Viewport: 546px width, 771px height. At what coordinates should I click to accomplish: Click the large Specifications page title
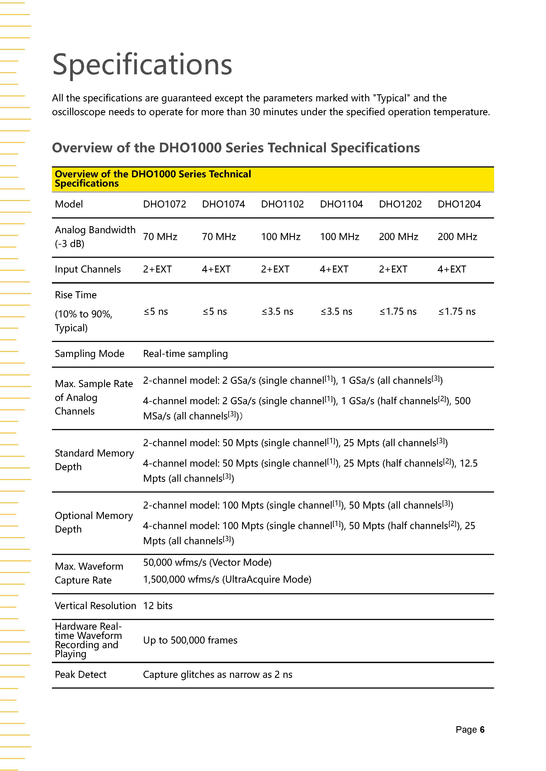point(142,64)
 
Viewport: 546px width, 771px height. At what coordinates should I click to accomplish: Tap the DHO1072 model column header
point(164,204)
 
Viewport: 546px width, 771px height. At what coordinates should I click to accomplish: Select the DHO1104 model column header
point(341,204)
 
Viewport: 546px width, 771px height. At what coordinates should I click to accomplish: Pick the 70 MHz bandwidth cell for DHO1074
point(219,237)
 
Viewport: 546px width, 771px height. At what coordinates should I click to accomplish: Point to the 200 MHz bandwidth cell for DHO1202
point(398,237)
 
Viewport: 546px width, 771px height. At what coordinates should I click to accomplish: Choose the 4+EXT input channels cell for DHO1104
point(334,269)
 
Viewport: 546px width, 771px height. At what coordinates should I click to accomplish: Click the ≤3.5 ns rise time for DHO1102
point(277,312)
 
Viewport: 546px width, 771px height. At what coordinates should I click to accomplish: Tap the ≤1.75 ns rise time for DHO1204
point(457,312)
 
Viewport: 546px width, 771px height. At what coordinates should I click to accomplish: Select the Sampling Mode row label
point(89,354)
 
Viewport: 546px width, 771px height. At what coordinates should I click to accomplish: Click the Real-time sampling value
point(185,354)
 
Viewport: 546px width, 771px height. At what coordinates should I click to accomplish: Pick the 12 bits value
point(158,606)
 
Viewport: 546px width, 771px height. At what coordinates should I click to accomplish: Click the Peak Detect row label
point(81,675)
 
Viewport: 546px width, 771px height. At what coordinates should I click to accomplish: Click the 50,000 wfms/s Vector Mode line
point(207,562)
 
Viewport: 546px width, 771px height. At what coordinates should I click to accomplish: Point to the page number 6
point(482,730)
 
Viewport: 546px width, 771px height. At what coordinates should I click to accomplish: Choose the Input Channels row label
point(88,269)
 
